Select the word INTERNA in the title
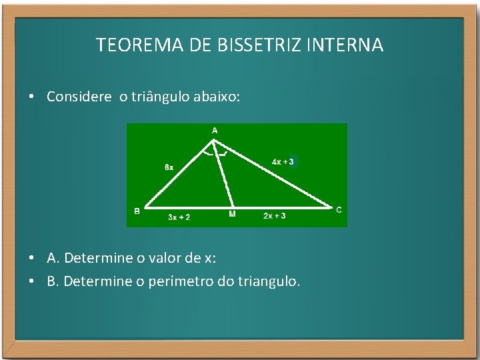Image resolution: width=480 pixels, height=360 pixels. (346, 45)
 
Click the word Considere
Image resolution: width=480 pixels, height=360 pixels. (79, 97)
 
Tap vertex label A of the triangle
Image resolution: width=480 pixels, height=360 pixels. (215, 131)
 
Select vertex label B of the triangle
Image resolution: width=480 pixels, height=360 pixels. (137, 211)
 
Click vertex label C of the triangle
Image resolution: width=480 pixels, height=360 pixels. (339, 210)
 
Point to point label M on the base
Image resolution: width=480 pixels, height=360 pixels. (232, 214)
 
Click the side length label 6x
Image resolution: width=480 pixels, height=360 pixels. (169, 167)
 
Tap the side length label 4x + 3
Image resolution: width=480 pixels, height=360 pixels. (283, 161)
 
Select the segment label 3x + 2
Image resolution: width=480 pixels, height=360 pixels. (179, 217)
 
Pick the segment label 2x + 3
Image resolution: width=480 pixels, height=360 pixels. (275, 216)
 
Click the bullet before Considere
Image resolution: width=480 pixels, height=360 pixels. (31, 97)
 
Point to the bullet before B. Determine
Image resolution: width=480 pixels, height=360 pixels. (31, 281)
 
